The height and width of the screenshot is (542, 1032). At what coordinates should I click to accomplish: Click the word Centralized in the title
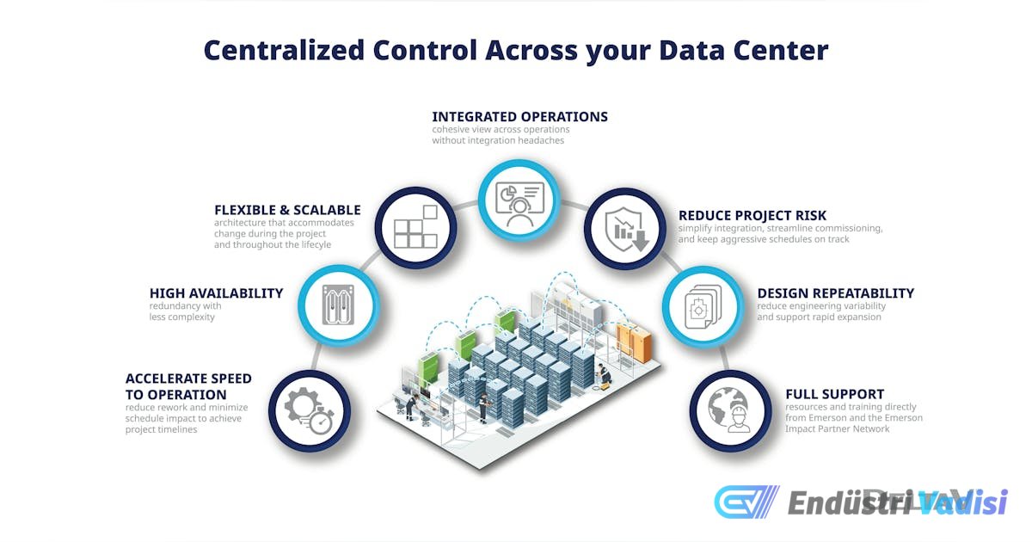pos(285,50)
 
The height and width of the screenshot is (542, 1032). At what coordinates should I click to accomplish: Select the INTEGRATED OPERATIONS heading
pos(519,117)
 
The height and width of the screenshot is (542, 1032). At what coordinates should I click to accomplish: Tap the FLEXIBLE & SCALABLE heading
pos(287,210)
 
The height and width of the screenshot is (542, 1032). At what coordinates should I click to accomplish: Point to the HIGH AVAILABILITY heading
pos(216,293)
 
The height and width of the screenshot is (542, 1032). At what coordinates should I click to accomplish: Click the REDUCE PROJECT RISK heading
pos(752,215)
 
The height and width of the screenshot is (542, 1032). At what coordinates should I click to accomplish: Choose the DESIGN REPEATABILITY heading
pos(836,293)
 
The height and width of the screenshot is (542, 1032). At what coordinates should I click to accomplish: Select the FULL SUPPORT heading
pos(835,394)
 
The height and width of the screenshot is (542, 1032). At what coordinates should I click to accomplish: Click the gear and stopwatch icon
pos(309,410)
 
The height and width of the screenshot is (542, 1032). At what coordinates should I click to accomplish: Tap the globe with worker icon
pos(730,410)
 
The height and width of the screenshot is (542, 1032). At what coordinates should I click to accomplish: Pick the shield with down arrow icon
pos(627,229)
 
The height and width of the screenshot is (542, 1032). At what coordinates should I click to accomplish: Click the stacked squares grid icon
pos(415,227)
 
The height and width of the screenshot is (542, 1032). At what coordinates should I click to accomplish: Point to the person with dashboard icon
pos(519,204)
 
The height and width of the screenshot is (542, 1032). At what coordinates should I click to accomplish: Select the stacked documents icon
pos(703,306)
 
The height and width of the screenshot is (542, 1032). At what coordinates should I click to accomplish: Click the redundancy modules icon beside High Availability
pos(338,305)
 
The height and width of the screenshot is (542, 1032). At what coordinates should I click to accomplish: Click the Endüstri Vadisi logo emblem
pos(746,502)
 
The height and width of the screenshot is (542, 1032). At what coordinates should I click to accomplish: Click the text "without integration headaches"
pos(498,140)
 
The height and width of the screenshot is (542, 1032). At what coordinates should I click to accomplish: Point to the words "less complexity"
pos(182,317)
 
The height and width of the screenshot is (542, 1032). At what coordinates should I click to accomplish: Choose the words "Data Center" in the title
pos(744,50)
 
